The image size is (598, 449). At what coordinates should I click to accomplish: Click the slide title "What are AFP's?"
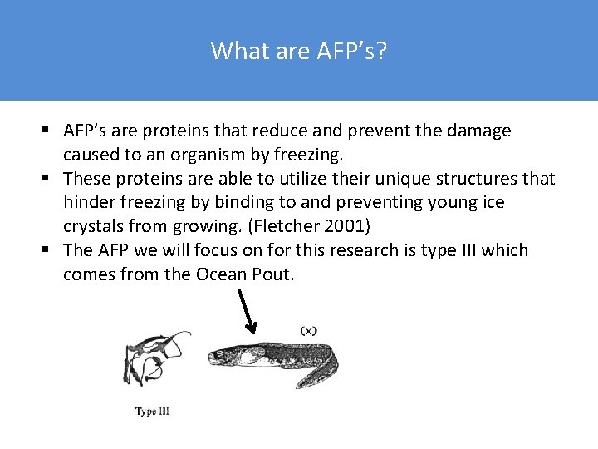[x=298, y=51]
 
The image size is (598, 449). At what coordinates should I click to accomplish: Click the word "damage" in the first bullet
[x=479, y=131]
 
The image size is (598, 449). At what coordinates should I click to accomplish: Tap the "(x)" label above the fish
[x=309, y=330]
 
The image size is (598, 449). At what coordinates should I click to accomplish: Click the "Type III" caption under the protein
[x=153, y=411]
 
